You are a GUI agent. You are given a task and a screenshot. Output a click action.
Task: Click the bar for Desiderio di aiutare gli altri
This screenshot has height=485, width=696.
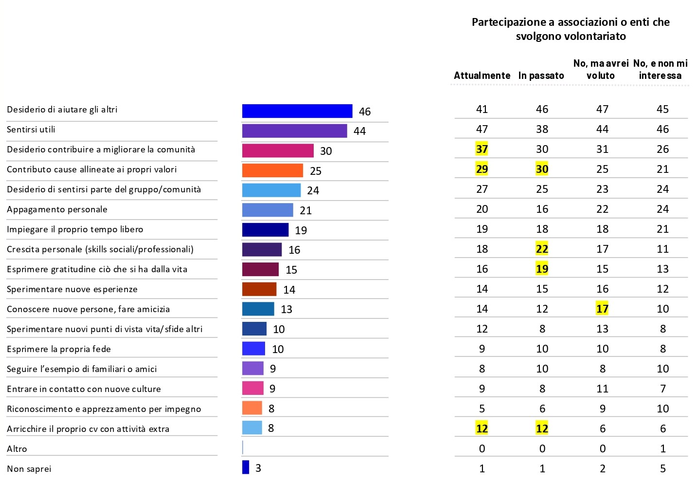297,111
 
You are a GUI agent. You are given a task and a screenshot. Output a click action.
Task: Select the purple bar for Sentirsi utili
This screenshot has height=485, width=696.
294,131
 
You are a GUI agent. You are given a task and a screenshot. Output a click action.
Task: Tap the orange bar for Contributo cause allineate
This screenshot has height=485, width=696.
272,170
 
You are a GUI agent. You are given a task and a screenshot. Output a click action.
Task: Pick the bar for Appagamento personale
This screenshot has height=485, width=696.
268,210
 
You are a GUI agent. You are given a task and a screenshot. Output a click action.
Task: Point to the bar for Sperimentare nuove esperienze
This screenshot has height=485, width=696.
259,289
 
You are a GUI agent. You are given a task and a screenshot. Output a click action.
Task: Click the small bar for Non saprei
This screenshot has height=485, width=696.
246,467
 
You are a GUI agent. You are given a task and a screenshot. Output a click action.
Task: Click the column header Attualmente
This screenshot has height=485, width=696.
482,75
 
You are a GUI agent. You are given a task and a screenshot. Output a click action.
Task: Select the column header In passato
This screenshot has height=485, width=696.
541,75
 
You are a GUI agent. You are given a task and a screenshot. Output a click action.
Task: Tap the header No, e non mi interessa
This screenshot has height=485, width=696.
660,69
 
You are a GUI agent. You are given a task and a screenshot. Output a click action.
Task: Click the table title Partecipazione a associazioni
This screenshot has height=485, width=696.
571,29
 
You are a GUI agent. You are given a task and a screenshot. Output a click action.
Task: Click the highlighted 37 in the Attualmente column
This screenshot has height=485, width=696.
482,149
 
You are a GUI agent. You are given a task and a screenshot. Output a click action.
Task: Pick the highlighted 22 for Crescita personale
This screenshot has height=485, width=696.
542,249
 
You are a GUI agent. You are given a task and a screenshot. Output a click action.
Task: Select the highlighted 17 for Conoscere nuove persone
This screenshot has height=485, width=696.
602,309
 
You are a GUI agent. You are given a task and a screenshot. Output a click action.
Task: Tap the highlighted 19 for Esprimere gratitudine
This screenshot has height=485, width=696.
542,269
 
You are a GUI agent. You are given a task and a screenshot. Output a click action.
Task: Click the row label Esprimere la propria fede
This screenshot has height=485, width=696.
59,349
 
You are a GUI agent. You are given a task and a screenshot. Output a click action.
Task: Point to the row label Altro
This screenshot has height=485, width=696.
17,449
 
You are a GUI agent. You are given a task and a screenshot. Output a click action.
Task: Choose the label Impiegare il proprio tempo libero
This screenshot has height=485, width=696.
75,229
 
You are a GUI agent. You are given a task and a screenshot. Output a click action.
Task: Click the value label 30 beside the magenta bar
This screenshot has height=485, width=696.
326,151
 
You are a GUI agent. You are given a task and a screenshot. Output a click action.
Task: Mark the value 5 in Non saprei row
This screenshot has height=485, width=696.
662,468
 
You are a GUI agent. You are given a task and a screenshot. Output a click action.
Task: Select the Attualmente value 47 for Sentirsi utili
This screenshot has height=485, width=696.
482,129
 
